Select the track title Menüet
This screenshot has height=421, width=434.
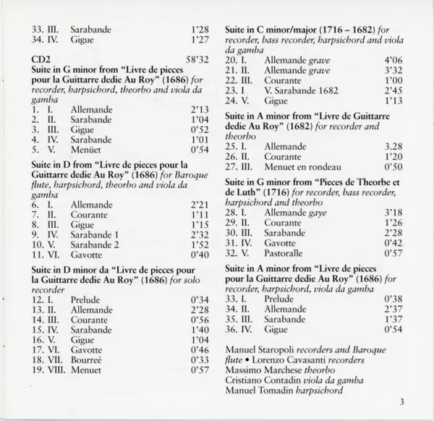(88, 149)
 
